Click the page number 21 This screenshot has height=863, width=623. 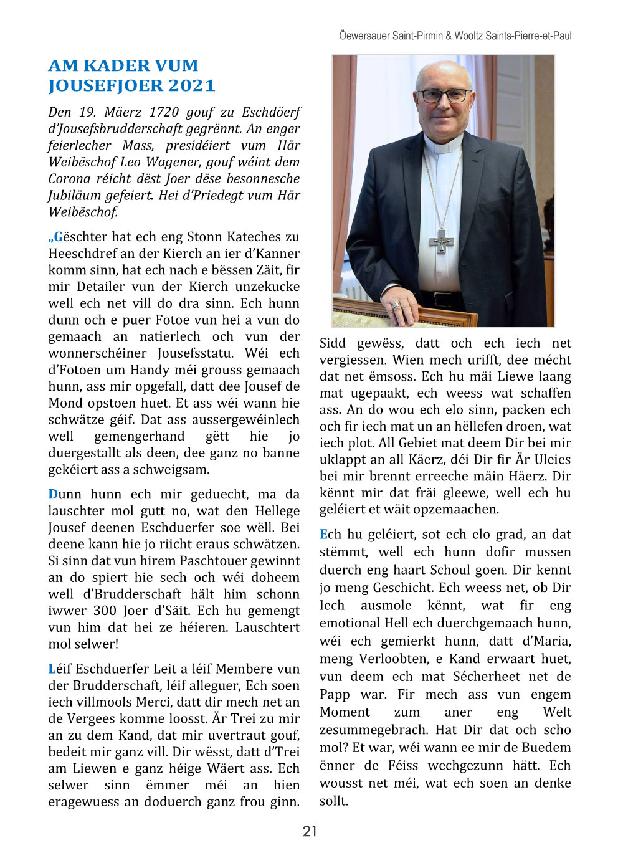310,831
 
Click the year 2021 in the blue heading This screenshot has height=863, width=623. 192,85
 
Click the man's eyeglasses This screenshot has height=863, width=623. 444,96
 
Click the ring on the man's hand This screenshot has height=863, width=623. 396,305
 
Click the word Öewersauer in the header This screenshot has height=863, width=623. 364,36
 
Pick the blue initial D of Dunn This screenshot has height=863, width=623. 53,494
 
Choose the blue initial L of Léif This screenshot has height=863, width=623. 52,669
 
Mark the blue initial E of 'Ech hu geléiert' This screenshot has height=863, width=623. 323,534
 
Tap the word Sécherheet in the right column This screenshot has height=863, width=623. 487,676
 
